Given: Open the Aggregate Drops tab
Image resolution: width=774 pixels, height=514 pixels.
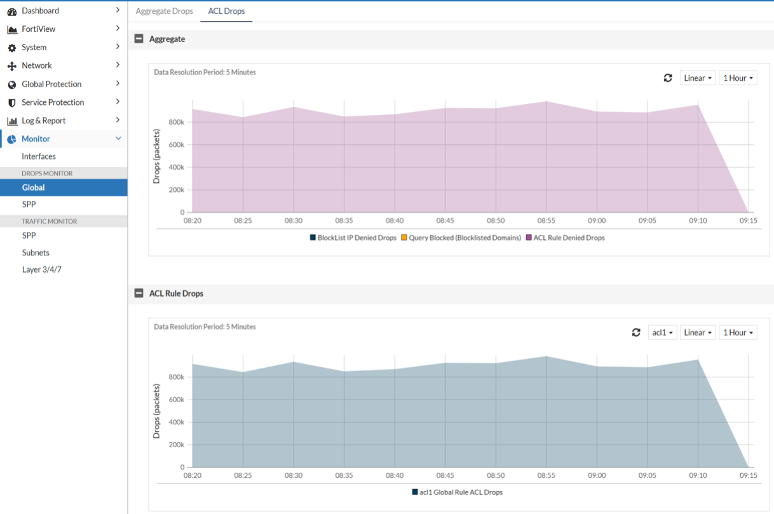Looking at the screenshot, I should [x=164, y=11].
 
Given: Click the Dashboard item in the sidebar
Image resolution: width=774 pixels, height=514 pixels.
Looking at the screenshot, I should [x=40, y=11].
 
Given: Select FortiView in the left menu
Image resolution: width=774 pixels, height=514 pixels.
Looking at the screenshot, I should [x=38, y=29].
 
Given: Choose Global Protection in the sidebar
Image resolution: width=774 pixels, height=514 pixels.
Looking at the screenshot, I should [x=51, y=84].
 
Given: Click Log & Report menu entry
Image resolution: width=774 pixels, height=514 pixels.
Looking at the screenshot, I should [x=43, y=121].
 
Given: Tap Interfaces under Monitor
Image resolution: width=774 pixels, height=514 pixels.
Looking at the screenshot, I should [x=39, y=156].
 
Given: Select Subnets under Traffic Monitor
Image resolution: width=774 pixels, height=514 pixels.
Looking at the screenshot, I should [x=36, y=252].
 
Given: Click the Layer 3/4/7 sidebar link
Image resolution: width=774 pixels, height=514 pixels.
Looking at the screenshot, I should [x=41, y=269].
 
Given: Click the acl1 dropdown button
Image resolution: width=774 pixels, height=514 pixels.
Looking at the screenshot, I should [x=662, y=332].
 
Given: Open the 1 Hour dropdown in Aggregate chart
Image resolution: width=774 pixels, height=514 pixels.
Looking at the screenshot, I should [x=737, y=78].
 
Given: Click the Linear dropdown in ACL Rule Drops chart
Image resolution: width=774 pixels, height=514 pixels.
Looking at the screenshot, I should [x=697, y=332].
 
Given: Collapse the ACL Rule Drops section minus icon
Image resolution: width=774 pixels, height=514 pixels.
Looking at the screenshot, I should [x=139, y=294].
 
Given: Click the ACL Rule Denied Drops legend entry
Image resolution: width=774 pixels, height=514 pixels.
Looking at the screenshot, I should [x=565, y=238].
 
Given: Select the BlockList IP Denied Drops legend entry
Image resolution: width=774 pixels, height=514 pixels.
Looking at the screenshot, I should [x=353, y=238].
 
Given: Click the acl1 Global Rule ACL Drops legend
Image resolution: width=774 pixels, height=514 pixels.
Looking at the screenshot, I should [x=457, y=492].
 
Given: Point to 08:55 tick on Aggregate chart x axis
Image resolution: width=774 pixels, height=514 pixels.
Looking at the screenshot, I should [x=546, y=220].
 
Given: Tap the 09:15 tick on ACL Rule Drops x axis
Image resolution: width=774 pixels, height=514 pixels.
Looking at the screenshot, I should [x=748, y=475].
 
